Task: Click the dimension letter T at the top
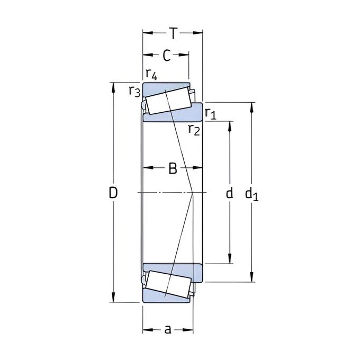(x=173, y=33)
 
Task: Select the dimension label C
(x=167, y=56)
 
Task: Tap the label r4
(x=151, y=74)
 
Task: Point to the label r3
(x=134, y=91)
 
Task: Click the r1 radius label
(x=211, y=113)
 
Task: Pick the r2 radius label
(x=194, y=129)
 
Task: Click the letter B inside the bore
(x=173, y=168)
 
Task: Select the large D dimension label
(x=113, y=193)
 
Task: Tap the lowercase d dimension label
(x=230, y=193)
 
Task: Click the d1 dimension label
(x=252, y=194)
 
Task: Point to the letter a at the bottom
(x=168, y=329)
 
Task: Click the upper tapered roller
(x=169, y=101)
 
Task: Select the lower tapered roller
(x=169, y=284)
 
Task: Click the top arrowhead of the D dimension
(x=113, y=87)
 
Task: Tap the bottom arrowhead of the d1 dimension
(x=252, y=277)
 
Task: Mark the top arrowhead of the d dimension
(x=230, y=126)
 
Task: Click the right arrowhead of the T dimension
(x=197, y=33)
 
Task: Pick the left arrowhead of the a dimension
(x=148, y=330)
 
